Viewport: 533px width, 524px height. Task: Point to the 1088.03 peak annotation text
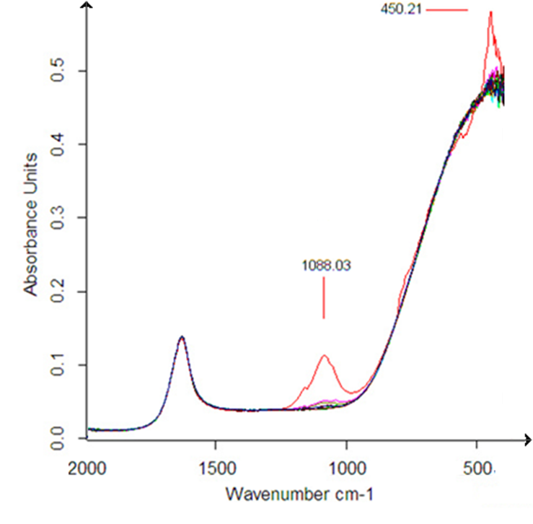point(326,265)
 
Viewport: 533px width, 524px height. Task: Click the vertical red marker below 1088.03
point(324,298)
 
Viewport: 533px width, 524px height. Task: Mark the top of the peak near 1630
point(182,337)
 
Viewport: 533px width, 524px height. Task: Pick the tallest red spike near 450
point(490,12)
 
